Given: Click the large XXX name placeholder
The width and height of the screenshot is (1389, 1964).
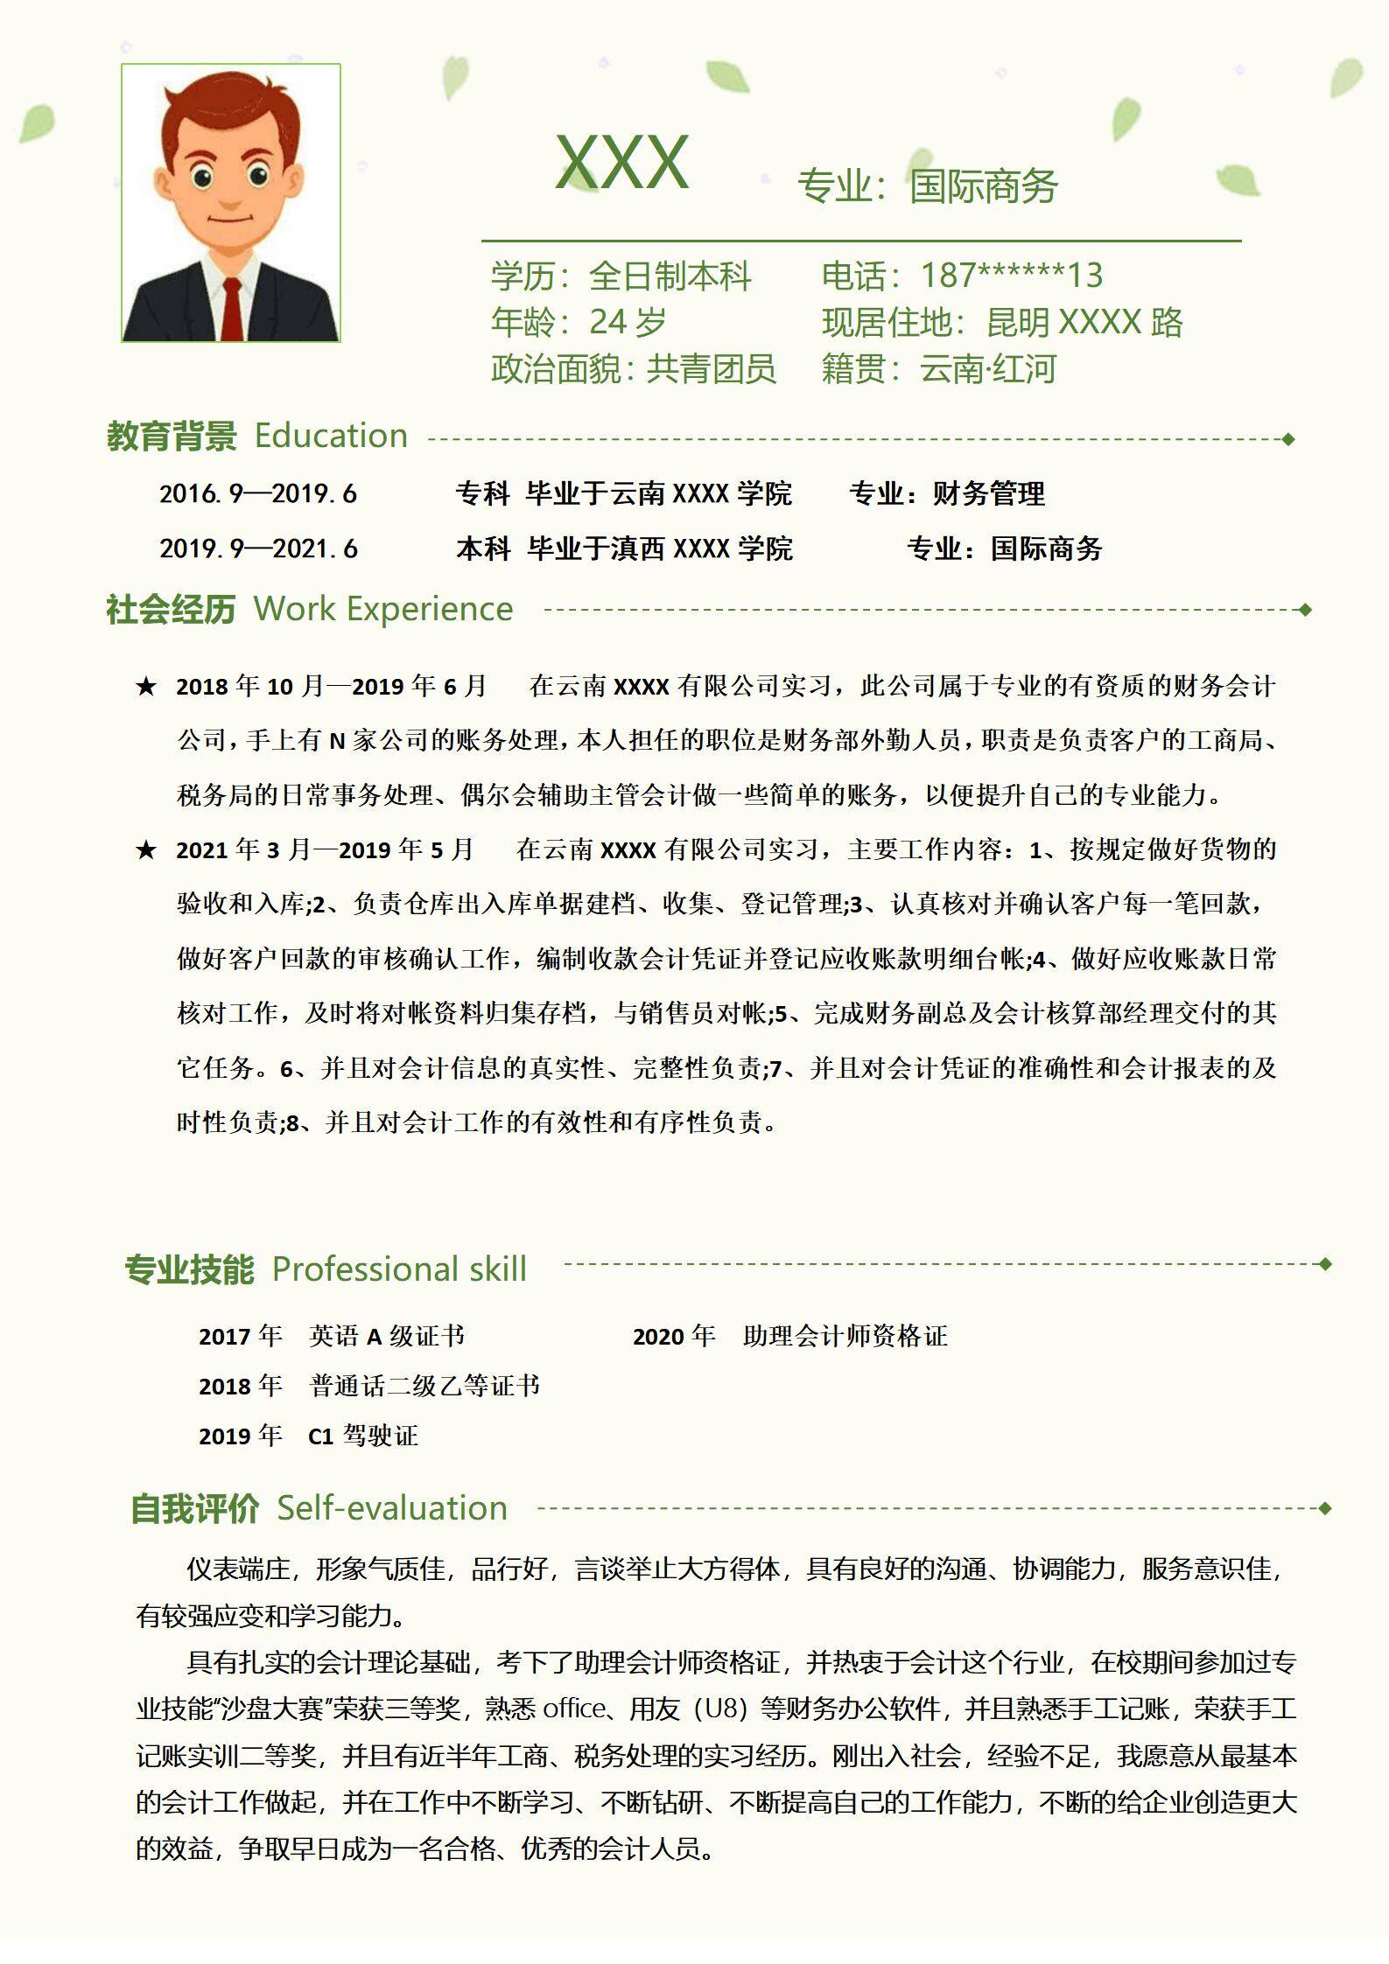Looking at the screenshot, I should click(622, 163).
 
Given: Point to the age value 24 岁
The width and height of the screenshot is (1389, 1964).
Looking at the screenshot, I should click(628, 323).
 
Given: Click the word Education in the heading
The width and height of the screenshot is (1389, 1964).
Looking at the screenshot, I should click(331, 436).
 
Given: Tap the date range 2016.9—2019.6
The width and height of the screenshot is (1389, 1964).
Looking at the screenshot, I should click(258, 494).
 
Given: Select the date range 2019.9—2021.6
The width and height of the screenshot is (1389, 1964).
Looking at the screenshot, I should click(258, 549).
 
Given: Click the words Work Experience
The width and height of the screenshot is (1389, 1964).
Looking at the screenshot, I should click(382, 609).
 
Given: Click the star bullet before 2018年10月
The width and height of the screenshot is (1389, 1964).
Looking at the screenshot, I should click(145, 687).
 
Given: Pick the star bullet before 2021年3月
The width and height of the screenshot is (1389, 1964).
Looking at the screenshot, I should click(145, 849).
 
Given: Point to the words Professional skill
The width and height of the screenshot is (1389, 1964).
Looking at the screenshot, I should click(399, 1269).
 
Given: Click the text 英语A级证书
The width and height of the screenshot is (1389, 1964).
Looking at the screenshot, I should click(386, 1336).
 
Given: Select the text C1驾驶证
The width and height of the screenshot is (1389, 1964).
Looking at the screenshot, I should click(363, 1436).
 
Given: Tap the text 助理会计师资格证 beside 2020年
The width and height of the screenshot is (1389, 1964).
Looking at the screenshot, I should click(845, 1336).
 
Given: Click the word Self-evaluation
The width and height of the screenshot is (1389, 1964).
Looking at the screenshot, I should click(392, 1508).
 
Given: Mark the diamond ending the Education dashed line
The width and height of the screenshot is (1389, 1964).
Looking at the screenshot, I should click(1288, 439).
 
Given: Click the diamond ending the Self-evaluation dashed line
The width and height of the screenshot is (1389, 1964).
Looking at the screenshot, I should click(1324, 1508).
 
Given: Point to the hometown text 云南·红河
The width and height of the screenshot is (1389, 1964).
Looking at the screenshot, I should click(987, 369).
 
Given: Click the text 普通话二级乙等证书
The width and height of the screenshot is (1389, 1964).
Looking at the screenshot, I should click(424, 1386).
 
